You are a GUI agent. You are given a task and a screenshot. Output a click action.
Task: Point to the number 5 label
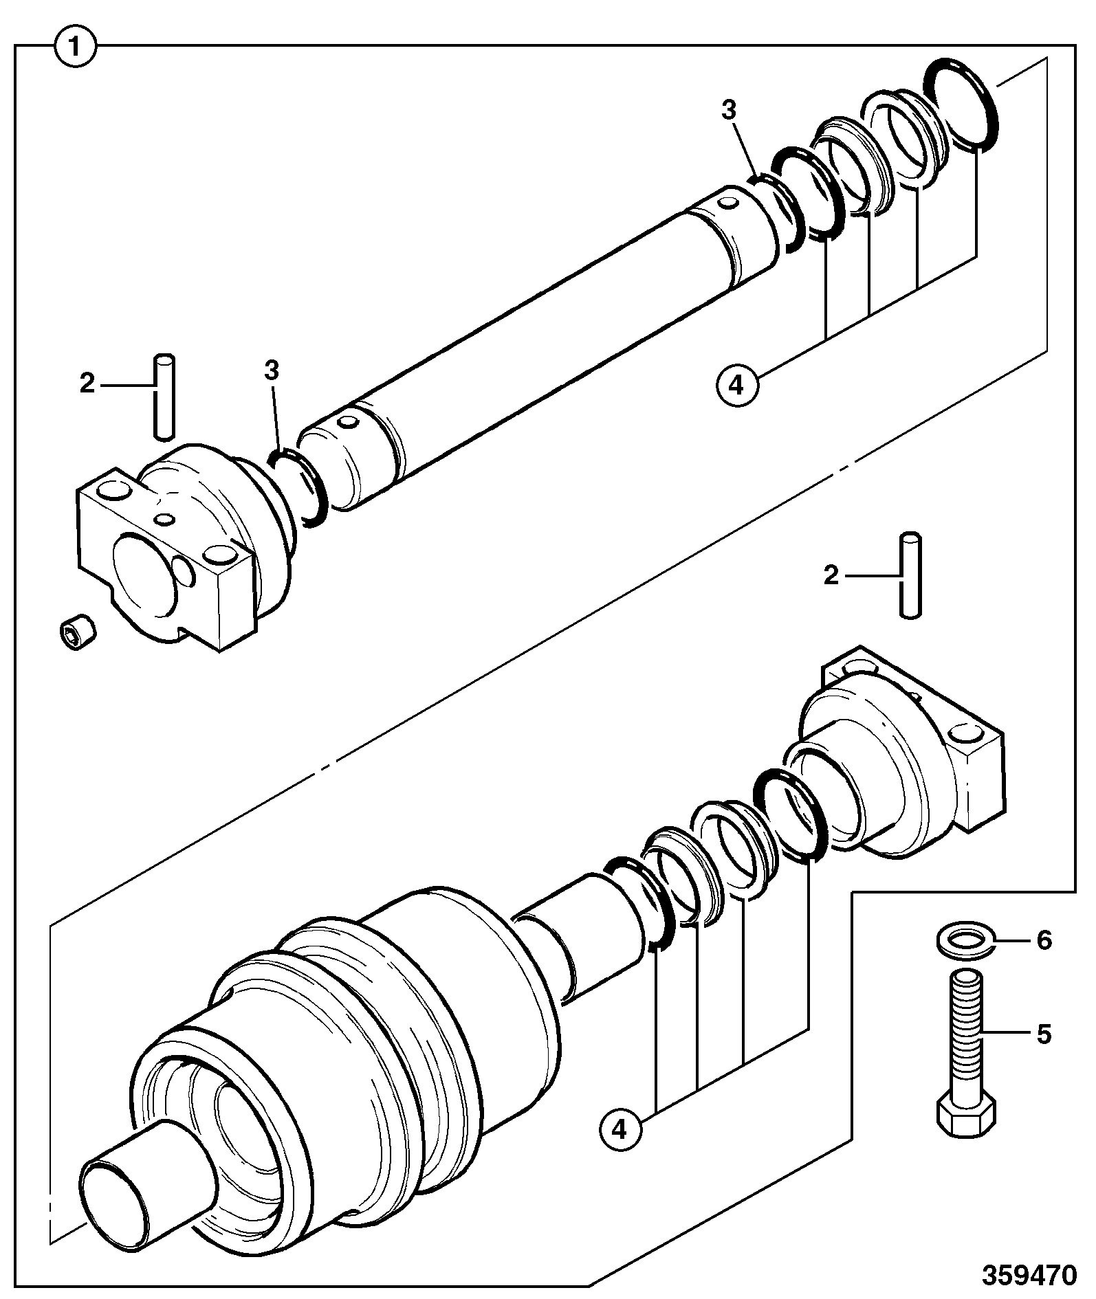click(x=1044, y=1034)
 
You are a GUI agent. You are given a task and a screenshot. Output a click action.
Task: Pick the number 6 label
click(x=1044, y=940)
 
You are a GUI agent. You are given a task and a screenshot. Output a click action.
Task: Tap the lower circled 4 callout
click(x=621, y=1128)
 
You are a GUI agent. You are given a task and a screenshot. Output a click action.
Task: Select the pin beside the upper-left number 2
click(x=164, y=396)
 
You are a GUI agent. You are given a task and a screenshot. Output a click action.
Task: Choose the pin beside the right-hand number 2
click(x=910, y=576)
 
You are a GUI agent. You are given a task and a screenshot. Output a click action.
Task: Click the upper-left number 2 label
click(x=87, y=384)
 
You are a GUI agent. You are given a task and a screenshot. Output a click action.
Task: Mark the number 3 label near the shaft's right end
click(x=729, y=111)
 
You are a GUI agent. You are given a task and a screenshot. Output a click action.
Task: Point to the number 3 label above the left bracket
click(x=272, y=370)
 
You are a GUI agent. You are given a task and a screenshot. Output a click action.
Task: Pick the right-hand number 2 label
click(x=832, y=576)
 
